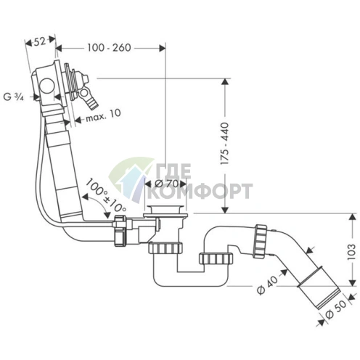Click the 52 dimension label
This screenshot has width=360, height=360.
coord(39,42)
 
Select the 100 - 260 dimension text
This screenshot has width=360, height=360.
coord(109,48)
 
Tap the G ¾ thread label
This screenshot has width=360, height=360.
coord(14,97)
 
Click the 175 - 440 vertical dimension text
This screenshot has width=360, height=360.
coord(225,144)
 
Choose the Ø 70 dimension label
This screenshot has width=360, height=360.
coord(167,184)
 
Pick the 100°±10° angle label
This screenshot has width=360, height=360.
coord(106,195)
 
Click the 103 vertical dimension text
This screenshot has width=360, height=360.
coord(351,252)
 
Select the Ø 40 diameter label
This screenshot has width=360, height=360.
coord(268,285)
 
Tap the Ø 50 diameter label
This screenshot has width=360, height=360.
coord(336,311)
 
